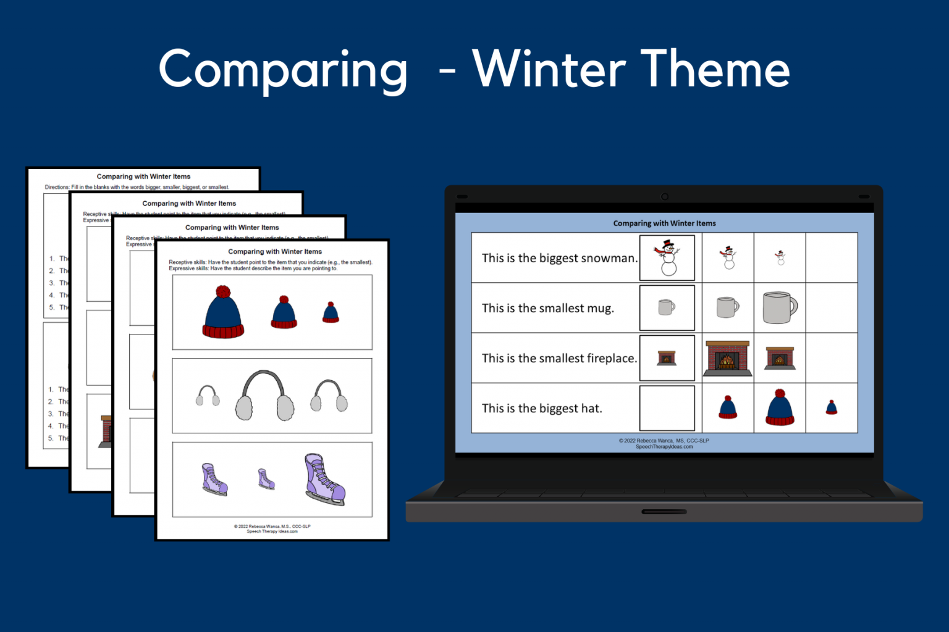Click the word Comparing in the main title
(x=283, y=70)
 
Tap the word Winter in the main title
(x=549, y=69)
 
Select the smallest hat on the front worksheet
(x=331, y=313)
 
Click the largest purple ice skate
(x=324, y=480)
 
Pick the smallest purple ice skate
(x=266, y=479)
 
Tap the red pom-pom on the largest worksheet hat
(x=223, y=292)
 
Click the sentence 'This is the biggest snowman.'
(x=559, y=258)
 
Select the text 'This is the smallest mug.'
(x=547, y=308)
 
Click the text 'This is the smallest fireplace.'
(x=559, y=358)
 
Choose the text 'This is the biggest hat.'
(x=542, y=408)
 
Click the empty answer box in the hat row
(x=667, y=408)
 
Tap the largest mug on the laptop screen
(x=780, y=307)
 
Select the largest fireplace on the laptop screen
(x=728, y=358)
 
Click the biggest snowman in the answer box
(x=667, y=258)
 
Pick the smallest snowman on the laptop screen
(x=780, y=258)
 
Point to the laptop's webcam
(x=665, y=197)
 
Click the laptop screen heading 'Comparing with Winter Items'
(x=664, y=223)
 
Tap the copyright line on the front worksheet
(x=272, y=526)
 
